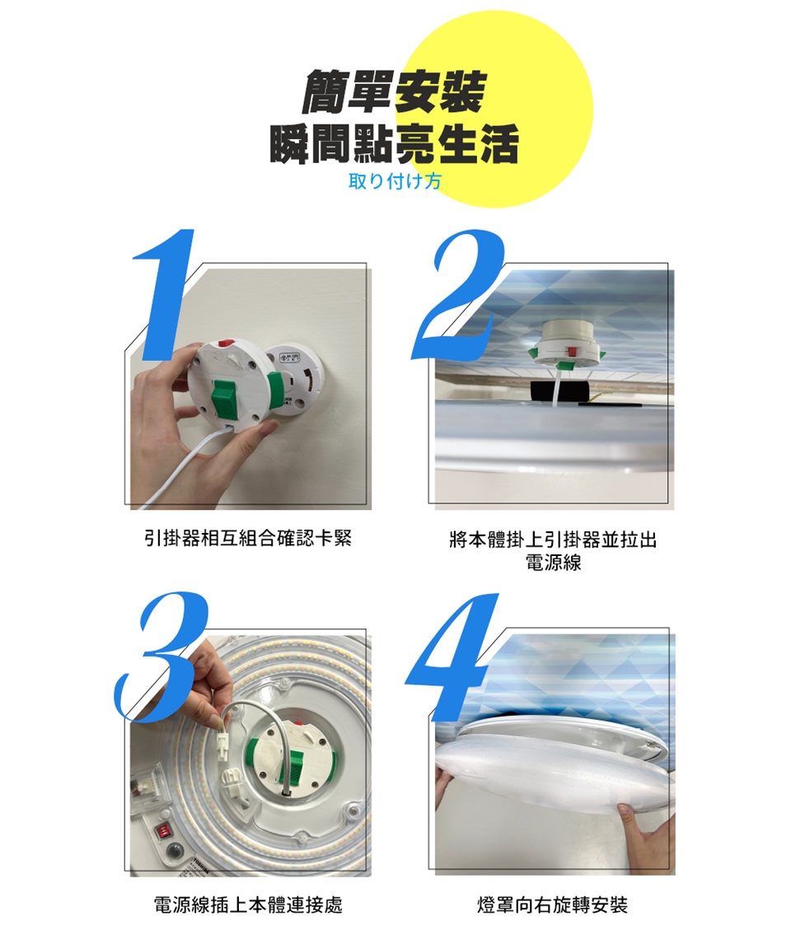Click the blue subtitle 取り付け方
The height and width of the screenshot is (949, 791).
[395, 180]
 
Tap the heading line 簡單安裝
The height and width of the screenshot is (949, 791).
[394, 92]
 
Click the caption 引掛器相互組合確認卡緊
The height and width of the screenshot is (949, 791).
[247, 538]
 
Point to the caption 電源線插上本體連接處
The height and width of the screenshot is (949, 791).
[248, 905]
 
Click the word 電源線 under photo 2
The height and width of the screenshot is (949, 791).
[554, 563]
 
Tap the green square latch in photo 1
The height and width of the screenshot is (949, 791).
[225, 397]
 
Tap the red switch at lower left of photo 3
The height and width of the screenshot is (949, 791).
[163, 830]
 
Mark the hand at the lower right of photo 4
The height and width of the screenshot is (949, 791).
[643, 839]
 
